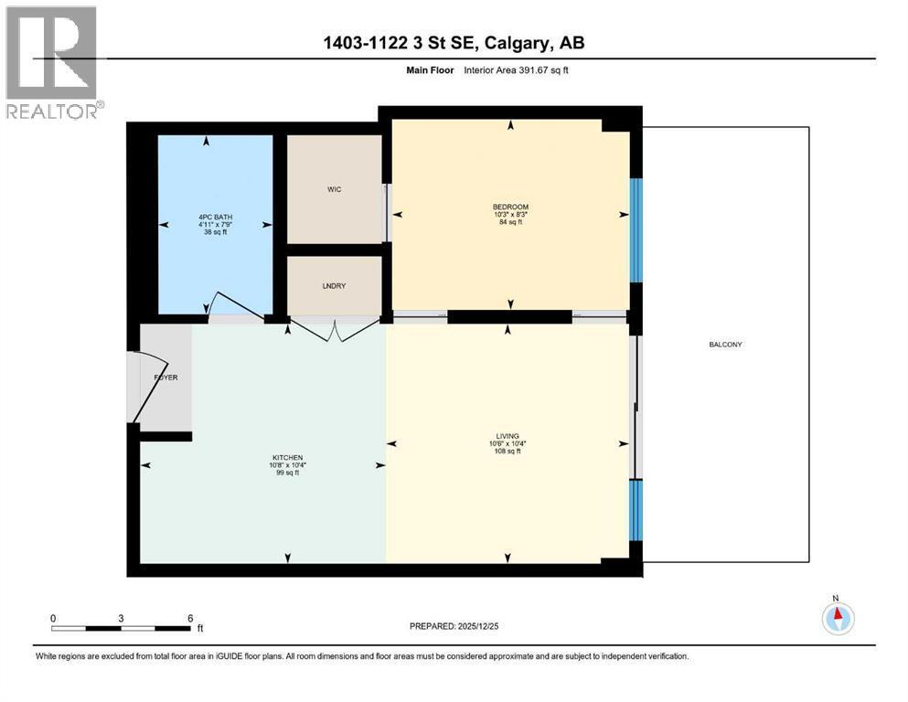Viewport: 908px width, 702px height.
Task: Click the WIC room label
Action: pyautogui.click(x=334, y=189)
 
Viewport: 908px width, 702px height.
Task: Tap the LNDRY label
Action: pyautogui.click(x=334, y=286)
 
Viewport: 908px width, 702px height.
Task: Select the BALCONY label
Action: pyautogui.click(x=724, y=345)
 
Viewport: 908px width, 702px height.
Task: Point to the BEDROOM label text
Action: pyautogui.click(x=510, y=207)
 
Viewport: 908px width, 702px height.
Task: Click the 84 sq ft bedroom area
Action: pyautogui.click(x=510, y=222)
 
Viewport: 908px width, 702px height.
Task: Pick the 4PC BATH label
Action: pyautogui.click(x=215, y=217)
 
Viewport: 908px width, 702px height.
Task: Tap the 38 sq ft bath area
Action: pyautogui.click(x=215, y=232)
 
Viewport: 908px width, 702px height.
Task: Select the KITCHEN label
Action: pyautogui.click(x=287, y=457)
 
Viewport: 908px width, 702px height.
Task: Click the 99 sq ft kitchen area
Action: pyautogui.click(x=287, y=473)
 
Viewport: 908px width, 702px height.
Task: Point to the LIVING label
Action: pyautogui.click(x=507, y=436)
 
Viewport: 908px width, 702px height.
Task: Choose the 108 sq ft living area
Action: pyautogui.click(x=507, y=452)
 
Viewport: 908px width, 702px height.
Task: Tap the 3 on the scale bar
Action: pyautogui.click(x=121, y=618)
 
